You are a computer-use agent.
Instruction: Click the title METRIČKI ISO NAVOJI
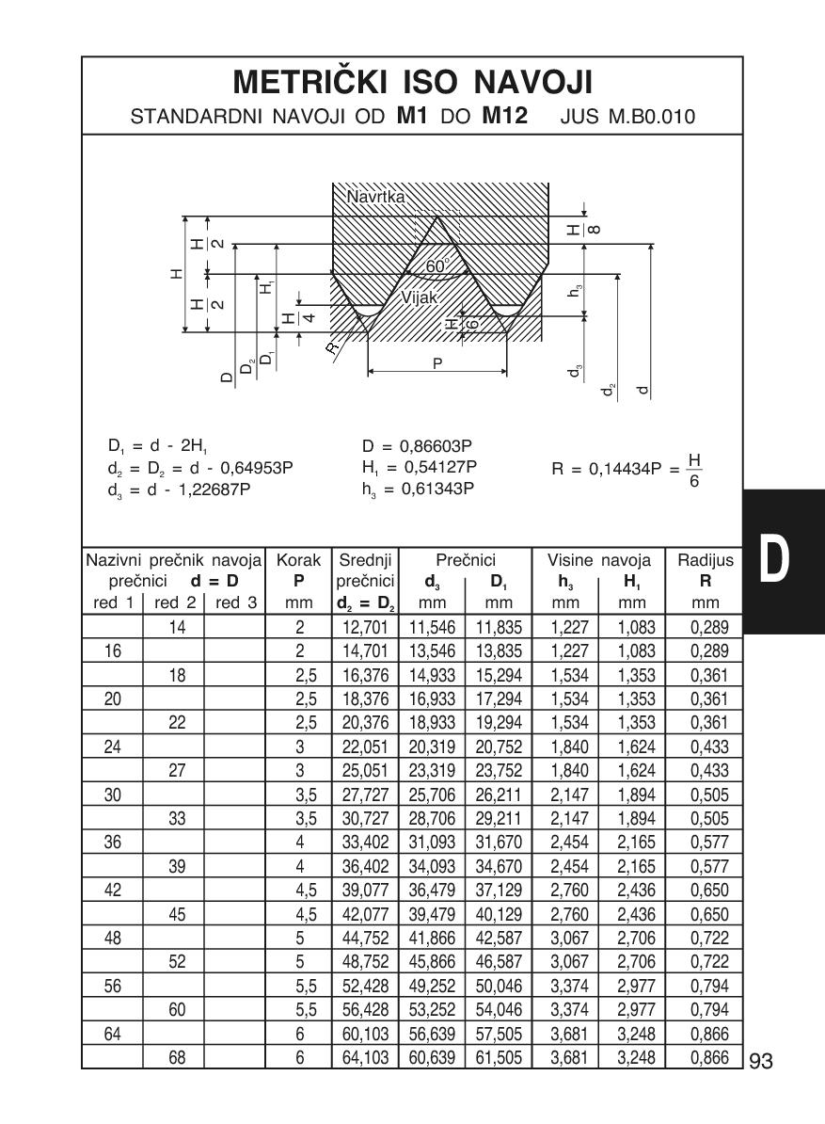tap(412, 83)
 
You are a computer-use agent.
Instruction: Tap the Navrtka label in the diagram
tap(375, 198)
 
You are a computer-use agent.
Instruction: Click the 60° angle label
tap(436, 266)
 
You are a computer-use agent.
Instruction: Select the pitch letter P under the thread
tap(437, 362)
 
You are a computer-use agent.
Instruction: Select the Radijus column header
tap(705, 561)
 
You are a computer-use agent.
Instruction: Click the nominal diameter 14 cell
tap(173, 626)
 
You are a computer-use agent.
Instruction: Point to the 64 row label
tap(112, 1036)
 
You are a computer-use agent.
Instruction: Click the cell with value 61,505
tap(499, 1058)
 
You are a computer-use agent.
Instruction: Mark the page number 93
tap(761, 1062)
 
